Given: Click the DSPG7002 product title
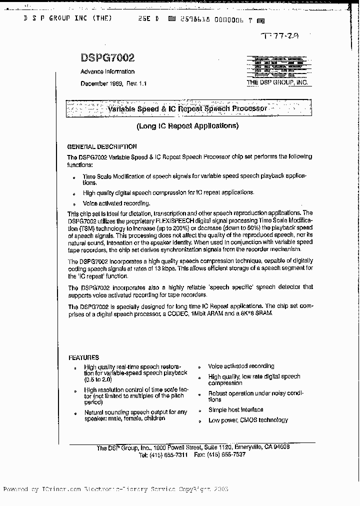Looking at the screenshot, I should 107,59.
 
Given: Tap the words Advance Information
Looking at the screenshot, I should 107,71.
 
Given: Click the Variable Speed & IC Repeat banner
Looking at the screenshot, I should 188,108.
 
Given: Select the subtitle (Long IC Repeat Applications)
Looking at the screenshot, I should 187,126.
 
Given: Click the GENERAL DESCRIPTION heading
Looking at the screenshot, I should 102,147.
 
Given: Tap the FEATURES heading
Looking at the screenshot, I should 83,357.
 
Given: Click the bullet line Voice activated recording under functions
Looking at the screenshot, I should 116,203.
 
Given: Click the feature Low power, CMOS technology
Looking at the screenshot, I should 248,420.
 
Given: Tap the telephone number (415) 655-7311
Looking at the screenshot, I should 170,455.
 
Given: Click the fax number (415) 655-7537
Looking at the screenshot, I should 226,455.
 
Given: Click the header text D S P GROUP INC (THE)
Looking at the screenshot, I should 67,18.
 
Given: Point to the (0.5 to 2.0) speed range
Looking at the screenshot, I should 98,380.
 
